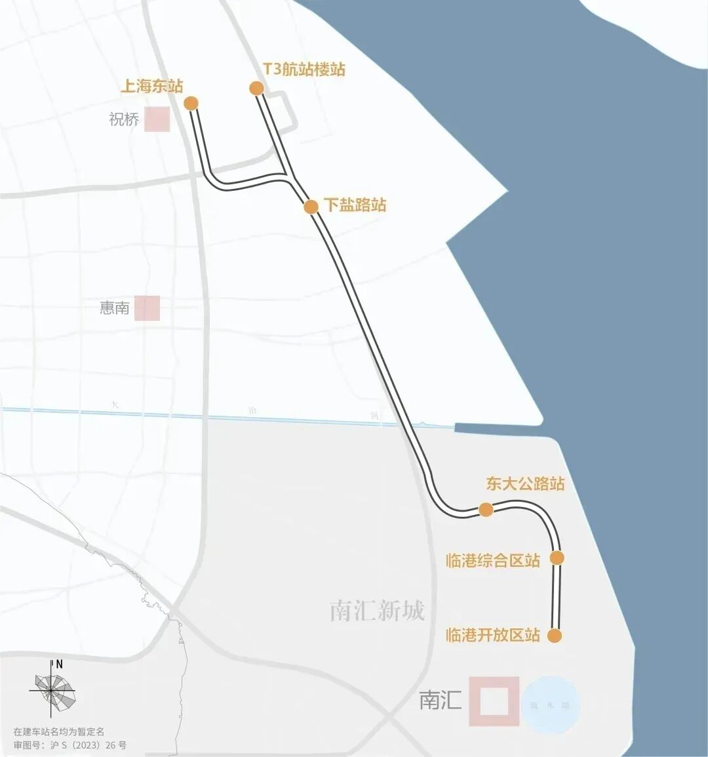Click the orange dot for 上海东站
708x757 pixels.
[191, 103]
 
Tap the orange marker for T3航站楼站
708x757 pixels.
[256, 88]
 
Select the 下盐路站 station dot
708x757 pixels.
[311, 207]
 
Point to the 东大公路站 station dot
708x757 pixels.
[486, 510]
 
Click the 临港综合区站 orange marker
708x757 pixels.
[557, 558]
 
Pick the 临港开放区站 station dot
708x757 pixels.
[554, 636]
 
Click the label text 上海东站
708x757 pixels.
[151, 86]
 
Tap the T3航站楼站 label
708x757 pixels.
[304, 70]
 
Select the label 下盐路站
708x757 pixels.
[355, 205]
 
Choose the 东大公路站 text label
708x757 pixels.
[525, 484]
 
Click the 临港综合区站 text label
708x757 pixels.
[493, 560]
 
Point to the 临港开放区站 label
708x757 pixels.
[493, 635]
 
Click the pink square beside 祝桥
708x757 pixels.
[157, 119]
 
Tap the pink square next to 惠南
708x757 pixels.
[147, 308]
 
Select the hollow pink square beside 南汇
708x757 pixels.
[494, 701]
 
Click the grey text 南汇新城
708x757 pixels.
[377, 611]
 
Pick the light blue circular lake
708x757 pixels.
[551, 705]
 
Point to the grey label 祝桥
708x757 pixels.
[124, 119]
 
